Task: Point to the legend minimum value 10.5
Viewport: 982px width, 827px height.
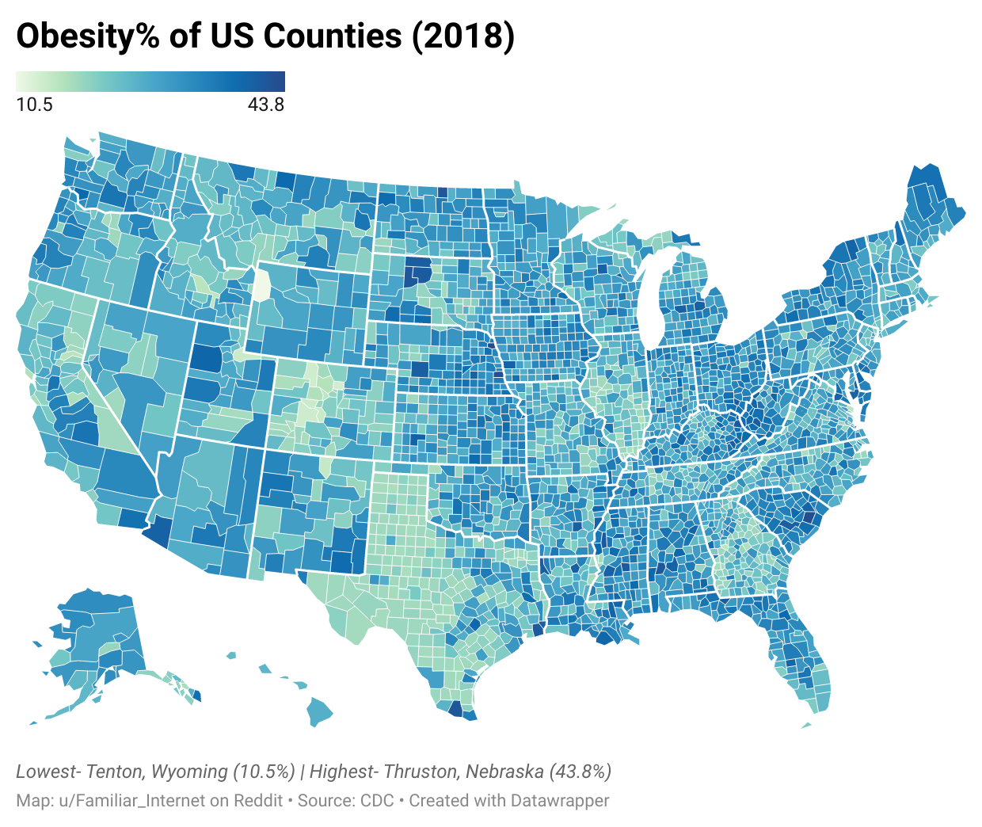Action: click(34, 105)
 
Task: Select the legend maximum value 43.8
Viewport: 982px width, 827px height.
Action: click(266, 105)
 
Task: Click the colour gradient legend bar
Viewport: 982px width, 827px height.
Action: click(150, 82)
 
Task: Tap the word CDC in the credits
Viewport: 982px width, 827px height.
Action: click(377, 800)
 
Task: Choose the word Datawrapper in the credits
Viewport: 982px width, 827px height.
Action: click(560, 800)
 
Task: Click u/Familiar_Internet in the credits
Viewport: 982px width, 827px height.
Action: click(132, 800)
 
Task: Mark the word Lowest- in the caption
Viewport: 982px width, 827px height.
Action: click(47, 772)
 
